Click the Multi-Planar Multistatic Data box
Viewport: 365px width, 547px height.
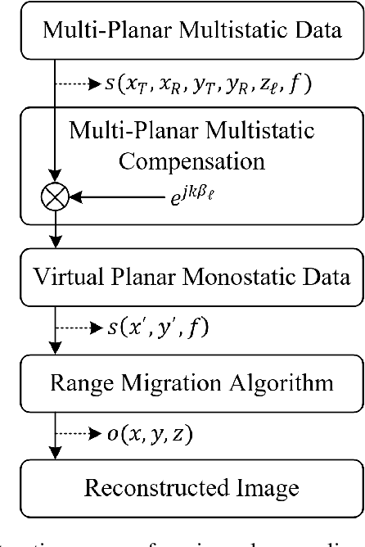pyautogui.click(x=182, y=33)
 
